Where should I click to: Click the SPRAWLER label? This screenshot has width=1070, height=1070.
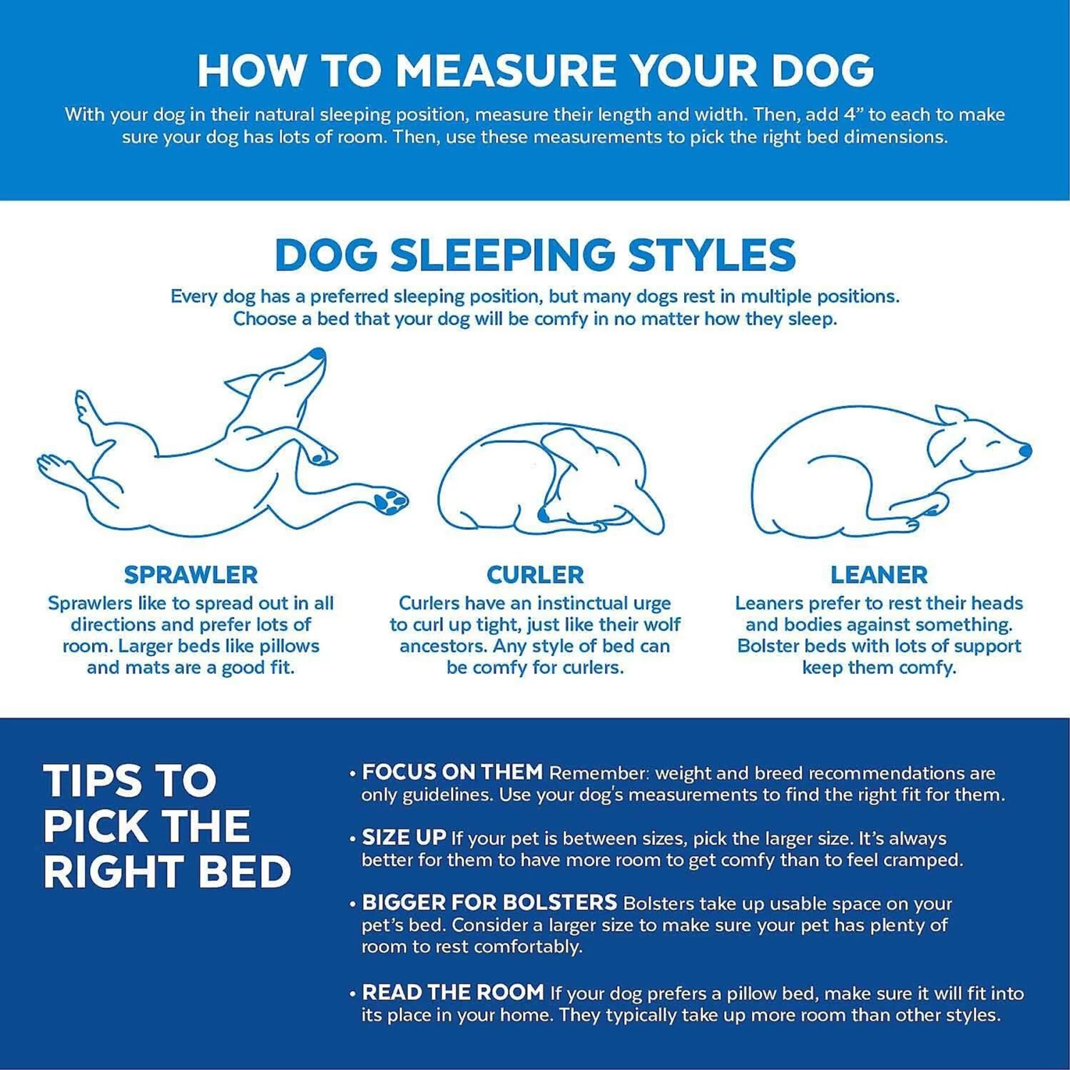190,574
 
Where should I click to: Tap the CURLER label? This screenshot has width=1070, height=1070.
535,574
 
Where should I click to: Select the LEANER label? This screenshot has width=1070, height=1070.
879,574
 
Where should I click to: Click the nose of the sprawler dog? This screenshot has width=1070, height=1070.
318,354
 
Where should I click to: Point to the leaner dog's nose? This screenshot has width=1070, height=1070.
1025,450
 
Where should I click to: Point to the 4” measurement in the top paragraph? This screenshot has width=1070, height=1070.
852,114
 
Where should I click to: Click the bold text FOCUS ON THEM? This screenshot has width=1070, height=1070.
452,772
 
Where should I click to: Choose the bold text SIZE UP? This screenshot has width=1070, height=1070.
404,837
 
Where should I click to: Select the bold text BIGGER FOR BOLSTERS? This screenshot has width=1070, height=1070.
489,902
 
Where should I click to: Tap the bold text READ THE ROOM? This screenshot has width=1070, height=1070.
453,992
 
